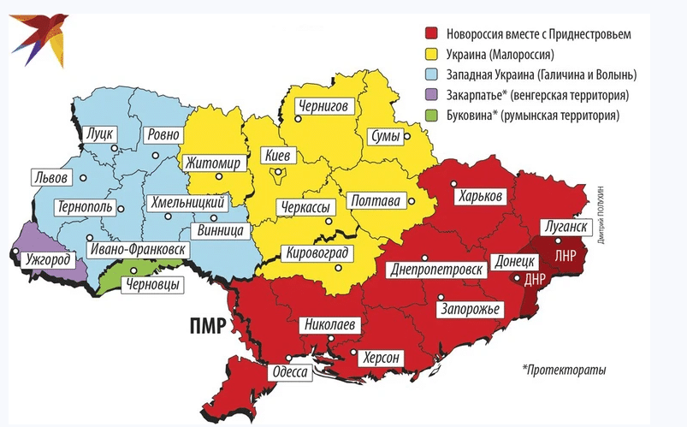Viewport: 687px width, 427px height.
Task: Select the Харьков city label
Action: pos(479,196)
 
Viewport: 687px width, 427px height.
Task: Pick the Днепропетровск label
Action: pos(435,270)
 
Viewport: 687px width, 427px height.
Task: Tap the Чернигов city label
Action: pos(322,107)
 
